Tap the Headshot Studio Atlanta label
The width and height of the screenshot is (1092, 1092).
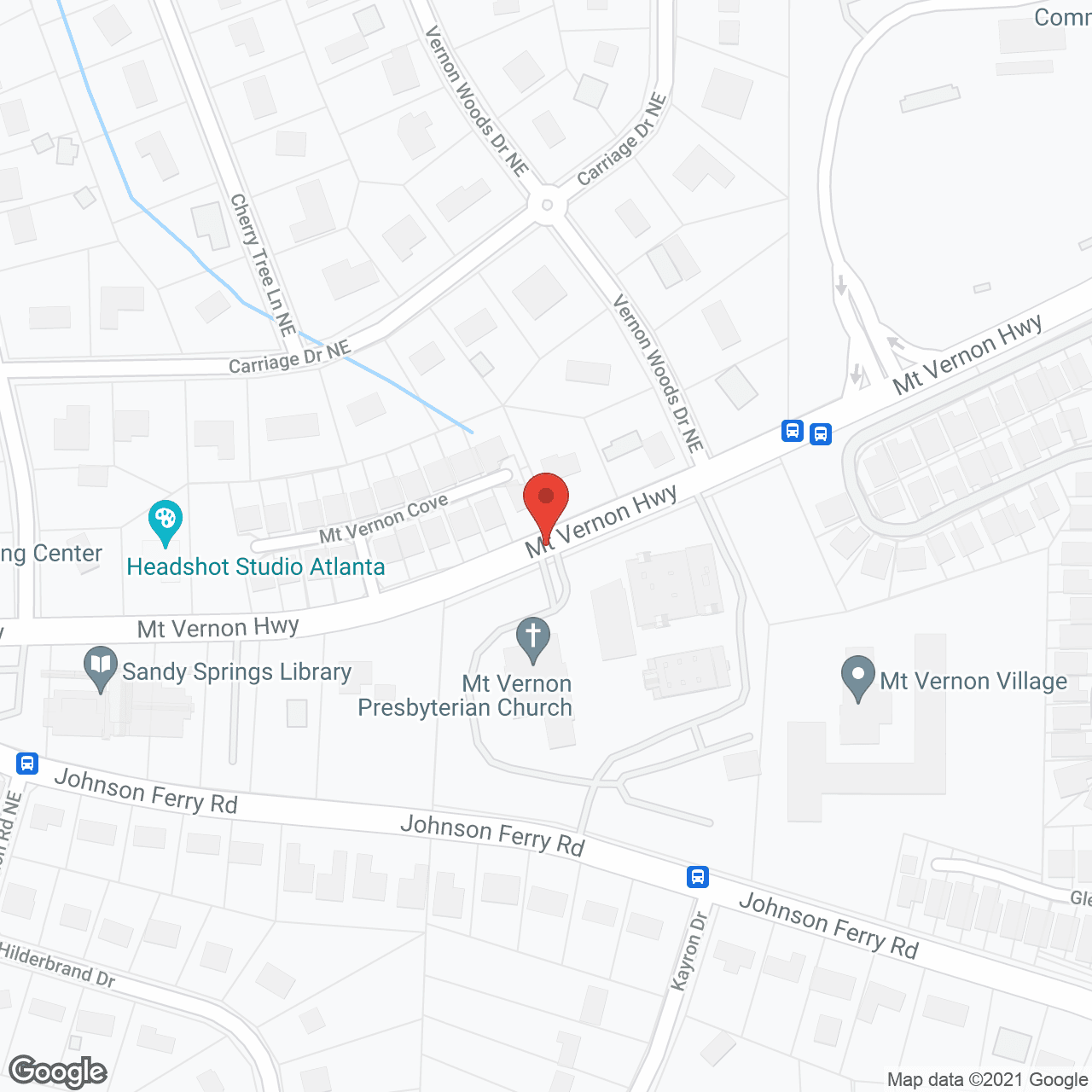(x=256, y=567)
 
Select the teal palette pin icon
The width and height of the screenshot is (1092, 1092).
(x=165, y=520)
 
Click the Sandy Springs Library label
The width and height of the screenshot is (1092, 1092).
(x=236, y=672)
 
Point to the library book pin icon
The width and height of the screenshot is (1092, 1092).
(x=101, y=668)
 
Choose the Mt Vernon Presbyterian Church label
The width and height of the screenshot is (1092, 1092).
(x=466, y=696)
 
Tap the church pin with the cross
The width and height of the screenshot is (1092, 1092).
(x=533, y=637)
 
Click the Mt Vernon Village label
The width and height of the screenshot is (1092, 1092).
(x=973, y=682)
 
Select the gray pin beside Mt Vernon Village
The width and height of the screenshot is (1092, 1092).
(x=858, y=676)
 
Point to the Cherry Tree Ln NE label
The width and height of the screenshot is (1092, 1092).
(x=263, y=264)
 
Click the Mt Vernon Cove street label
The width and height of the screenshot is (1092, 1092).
(x=384, y=518)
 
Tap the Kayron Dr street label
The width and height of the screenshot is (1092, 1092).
(x=689, y=951)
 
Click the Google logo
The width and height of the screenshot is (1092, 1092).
(x=58, y=1072)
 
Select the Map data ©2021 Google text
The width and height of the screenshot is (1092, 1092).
(x=987, y=1080)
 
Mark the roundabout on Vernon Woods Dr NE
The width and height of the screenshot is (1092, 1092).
(x=547, y=205)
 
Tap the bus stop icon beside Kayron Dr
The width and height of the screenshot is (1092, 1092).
(x=698, y=876)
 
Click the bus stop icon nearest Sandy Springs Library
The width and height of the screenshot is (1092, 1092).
(x=27, y=762)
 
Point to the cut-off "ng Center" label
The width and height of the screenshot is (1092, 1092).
(x=50, y=554)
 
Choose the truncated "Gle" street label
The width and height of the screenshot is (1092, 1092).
(x=1080, y=897)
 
